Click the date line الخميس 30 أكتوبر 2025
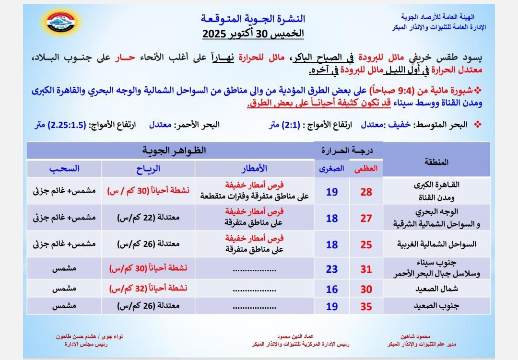tap(253, 35)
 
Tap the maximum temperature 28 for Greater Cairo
tap(366, 192)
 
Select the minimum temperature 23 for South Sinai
tap(332, 269)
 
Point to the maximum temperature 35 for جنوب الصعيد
tap(366, 307)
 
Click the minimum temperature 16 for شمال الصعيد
tap(332, 290)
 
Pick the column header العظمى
tap(366, 168)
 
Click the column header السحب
tap(64, 168)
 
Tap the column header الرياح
tap(148, 168)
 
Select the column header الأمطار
tap(254, 168)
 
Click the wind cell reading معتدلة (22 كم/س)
tap(148, 218)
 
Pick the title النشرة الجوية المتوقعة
tap(253, 19)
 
